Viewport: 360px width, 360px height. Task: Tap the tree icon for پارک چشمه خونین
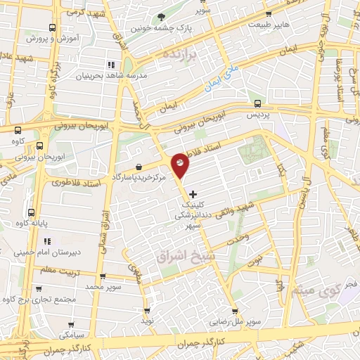click(x=162, y=16)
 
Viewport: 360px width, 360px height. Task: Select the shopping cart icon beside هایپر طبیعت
click(x=268, y=14)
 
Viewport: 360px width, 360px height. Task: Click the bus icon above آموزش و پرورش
click(x=53, y=29)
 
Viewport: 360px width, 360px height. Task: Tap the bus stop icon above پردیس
click(x=257, y=102)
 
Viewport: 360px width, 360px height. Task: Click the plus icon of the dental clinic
click(x=194, y=193)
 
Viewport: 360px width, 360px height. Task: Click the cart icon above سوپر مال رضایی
click(x=235, y=312)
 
